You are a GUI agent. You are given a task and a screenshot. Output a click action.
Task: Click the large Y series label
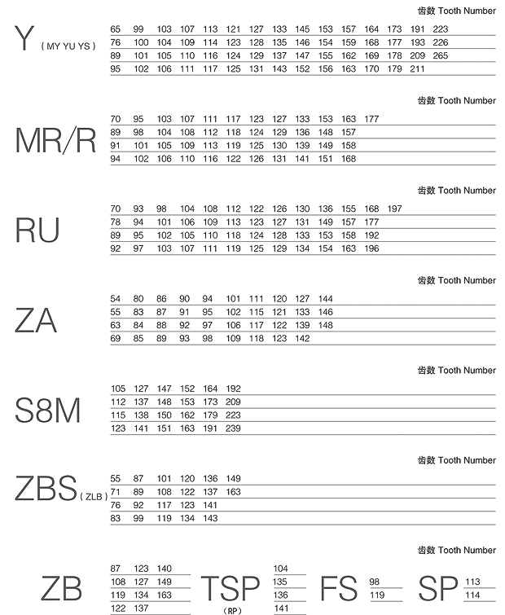point(26,39)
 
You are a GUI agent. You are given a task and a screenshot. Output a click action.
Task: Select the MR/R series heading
point(55,141)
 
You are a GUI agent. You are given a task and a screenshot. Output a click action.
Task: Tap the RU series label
point(37,231)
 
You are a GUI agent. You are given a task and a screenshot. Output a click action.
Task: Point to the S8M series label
point(48,411)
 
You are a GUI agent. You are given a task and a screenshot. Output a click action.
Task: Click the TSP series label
point(231,589)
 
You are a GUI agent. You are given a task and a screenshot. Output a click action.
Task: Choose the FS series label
point(339,589)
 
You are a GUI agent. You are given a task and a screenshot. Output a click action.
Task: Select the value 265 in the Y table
point(441,55)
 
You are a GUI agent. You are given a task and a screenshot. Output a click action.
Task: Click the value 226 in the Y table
point(441,42)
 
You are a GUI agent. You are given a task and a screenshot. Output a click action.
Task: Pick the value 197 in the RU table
point(395,209)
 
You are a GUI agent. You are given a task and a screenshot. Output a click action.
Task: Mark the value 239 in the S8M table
point(233,428)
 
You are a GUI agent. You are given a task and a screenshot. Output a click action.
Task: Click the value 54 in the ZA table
point(115,299)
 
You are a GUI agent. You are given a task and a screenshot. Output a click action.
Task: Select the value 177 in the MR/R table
point(371,119)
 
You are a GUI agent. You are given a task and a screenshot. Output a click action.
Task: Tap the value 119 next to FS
point(376,595)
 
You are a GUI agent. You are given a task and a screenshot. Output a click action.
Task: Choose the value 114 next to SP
point(472,595)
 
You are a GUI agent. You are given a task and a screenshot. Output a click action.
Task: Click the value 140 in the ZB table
point(165,569)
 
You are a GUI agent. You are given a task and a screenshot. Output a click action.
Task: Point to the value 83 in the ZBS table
point(115,518)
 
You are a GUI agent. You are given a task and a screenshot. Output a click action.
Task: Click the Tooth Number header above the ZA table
point(456,280)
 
